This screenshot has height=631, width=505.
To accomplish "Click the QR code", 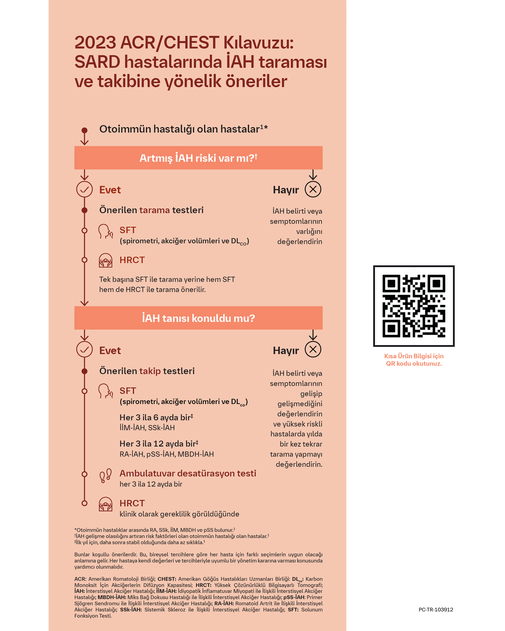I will tap(414, 306).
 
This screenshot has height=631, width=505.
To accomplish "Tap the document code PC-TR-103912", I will tap(436, 610).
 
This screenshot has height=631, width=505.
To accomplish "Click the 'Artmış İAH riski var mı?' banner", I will tap(198, 158).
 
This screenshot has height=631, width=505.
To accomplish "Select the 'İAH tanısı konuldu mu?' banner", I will tap(198, 318).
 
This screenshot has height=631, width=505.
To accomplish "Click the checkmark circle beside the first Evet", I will tap(84, 189).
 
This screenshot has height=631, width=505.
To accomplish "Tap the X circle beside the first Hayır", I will tap(313, 189).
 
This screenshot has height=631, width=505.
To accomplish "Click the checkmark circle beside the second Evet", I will tap(84, 350).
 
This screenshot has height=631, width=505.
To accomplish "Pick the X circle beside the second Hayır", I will tap(313, 350).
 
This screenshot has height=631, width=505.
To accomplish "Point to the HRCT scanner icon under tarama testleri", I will tap(105, 260).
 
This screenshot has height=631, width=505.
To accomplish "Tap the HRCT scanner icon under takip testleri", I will tap(105, 504).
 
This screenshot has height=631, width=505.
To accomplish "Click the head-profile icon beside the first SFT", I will tap(105, 231).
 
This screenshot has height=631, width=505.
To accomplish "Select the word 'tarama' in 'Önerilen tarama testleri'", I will tap(154, 210).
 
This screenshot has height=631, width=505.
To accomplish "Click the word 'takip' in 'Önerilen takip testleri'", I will tap(150, 371).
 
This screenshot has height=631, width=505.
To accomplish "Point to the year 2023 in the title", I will tap(95, 43).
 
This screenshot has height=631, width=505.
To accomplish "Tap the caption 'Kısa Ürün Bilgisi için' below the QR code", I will tap(414, 356).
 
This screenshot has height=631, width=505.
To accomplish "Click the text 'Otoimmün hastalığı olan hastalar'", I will tap(179, 129).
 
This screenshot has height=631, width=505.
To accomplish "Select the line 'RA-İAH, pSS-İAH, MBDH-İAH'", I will tap(166, 454).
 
